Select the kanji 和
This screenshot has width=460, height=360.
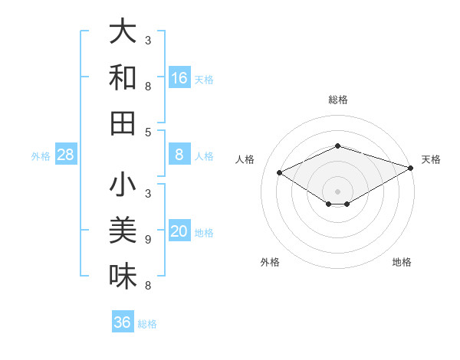point(123,77)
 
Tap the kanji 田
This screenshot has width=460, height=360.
point(123,123)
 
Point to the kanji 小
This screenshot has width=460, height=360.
point(123,185)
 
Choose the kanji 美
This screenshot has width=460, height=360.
point(123,230)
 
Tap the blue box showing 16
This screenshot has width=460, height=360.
point(179,77)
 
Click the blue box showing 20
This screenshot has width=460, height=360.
point(179,231)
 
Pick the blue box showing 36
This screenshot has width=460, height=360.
point(123,322)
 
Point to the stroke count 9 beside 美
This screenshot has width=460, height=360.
point(148,240)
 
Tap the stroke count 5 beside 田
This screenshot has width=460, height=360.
point(148,132)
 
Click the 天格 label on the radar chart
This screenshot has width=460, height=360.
point(431,159)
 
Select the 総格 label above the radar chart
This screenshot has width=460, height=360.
point(338,100)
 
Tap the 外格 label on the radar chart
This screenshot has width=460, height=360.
point(270,262)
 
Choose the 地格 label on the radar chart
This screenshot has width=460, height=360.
point(402,262)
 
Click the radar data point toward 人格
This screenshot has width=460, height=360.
point(279,173)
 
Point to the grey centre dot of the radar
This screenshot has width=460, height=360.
point(338,191)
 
